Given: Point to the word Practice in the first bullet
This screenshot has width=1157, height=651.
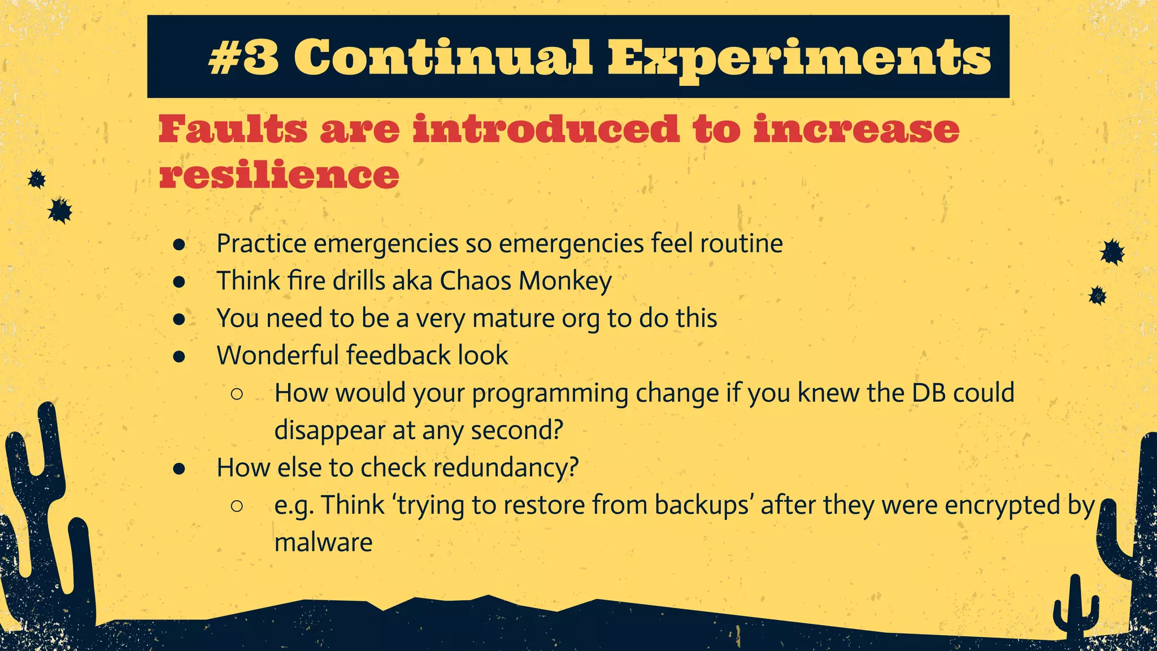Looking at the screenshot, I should pyautogui.click(x=262, y=244).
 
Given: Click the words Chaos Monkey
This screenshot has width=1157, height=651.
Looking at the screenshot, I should pyautogui.click(x=525, y=281).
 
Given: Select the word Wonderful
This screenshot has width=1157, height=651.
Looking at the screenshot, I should pyautogui.click(x=277, y=355).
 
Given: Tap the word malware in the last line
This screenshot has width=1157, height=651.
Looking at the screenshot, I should pyautogui.click(x=323, y=542).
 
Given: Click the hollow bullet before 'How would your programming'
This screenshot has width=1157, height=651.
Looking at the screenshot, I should pyautogui.click(x=237, y=393).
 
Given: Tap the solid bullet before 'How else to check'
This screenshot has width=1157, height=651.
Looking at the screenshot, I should pyautogui.click(x=180, y=468).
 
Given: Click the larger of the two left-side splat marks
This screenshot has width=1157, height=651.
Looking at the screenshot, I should pyautogui.click(x=59, y=211).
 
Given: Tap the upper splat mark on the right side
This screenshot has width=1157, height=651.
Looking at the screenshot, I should pyautogui.click(x=1112, y=252).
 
